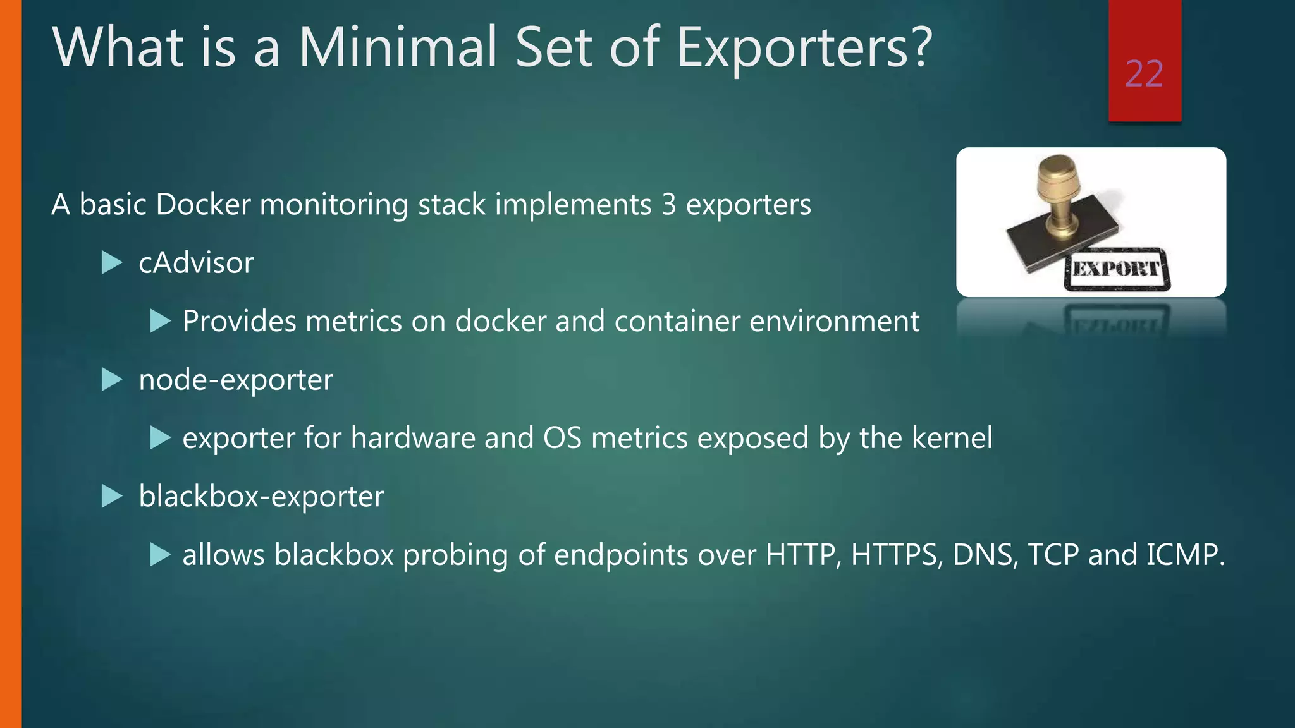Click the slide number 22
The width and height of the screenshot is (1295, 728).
point(1144,74)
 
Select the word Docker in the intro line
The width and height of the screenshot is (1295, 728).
point(203,205)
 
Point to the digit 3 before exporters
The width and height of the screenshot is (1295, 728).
point(668,205)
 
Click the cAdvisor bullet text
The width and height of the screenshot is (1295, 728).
point(196,263)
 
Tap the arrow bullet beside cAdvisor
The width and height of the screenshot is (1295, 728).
point(112,263)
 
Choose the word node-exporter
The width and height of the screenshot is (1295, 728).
point(235,380)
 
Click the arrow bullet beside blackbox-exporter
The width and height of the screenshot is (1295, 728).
point(112,497)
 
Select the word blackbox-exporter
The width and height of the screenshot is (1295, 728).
point(261,497)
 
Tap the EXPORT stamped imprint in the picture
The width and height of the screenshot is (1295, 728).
point(1117,269)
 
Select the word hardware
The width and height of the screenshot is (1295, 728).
point(413,438)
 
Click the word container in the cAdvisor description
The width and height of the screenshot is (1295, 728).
point(677,322)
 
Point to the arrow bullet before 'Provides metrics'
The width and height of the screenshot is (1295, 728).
point(161,322)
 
